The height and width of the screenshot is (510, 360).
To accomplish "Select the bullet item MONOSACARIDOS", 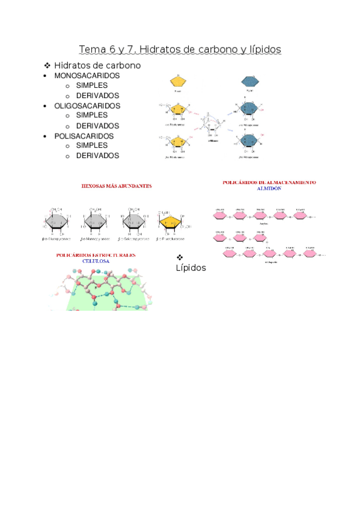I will [x=87, y=76].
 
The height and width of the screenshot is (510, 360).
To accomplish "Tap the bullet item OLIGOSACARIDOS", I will [x=87, y=106].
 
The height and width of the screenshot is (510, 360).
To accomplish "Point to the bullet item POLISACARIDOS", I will [x=84, y=136].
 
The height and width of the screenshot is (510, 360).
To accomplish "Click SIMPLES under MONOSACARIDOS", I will [x=92, y=86].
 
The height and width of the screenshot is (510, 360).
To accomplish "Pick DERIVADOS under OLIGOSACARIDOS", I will [x=97, y=126].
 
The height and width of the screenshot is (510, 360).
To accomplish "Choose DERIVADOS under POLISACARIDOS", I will [x=97, y=156].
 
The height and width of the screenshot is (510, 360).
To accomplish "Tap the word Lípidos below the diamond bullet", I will [x=191, y=268].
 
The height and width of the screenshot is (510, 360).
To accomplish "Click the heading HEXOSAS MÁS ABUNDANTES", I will [x=117, y=186].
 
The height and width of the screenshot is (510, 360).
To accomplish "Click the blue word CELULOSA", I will [x=96, y=262].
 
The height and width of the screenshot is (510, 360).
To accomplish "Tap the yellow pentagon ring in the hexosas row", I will [x=171, y=222].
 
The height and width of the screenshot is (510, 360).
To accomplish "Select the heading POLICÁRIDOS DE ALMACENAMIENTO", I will [x=269, y=182].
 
